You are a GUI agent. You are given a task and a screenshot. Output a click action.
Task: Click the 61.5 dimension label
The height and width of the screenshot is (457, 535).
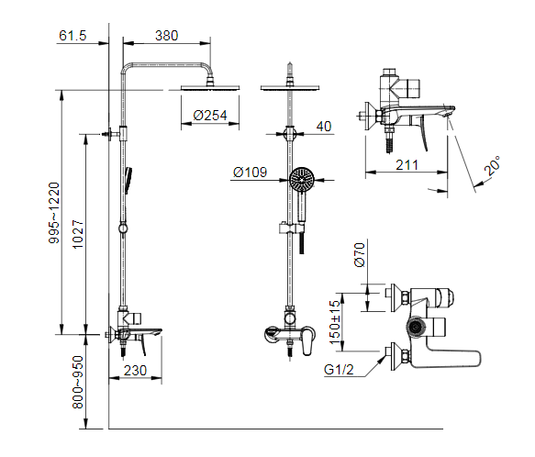tap(72, 36)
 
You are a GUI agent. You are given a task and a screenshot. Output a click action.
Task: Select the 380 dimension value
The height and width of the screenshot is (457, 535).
tap(166, 36)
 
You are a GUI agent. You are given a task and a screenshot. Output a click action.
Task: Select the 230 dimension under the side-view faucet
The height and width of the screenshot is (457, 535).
tap(135, 371)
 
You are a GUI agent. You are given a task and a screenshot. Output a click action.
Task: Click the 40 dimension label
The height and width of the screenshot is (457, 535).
tap(323, 128)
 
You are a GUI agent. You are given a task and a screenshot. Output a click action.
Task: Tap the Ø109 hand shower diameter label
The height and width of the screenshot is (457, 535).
tap(250, 172)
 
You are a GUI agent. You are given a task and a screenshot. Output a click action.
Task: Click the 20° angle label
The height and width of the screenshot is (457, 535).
tap(493, 165)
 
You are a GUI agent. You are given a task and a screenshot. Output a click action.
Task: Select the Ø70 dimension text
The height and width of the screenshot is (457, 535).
tap(361, 252)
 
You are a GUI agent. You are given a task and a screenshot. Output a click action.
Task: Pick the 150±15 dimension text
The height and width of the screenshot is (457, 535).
tap(336, 318)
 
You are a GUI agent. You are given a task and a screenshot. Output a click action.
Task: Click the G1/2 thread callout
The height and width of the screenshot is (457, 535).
tap(340, 371)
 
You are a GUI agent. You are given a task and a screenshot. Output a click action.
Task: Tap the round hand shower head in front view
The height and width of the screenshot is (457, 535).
tap(301, 179)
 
